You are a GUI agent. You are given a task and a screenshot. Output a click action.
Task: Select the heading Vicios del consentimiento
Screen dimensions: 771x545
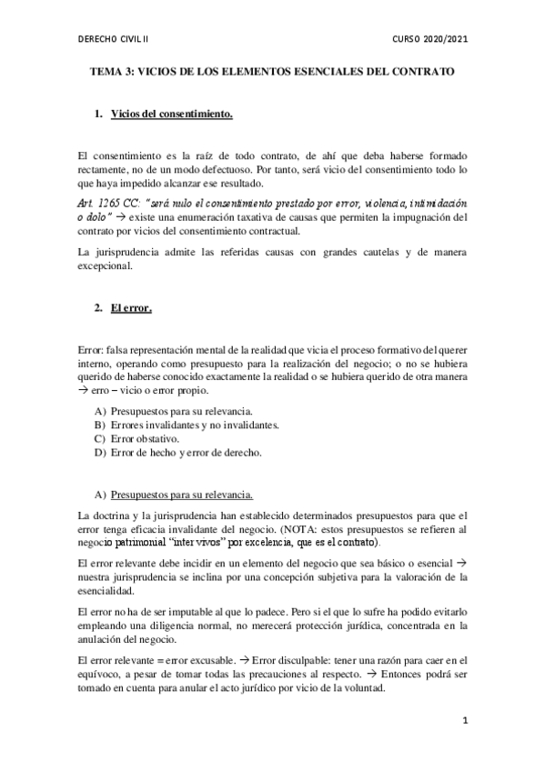click(x=172, y=115)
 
